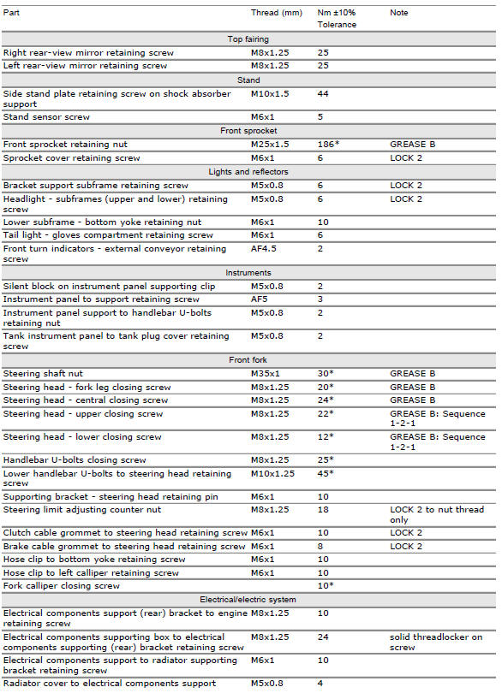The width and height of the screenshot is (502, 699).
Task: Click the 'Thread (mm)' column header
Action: click(x=273, y=13)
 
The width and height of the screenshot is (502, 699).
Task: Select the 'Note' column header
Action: click(x=398, y=13)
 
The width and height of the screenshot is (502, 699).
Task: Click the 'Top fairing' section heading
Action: click(x=248, y=39)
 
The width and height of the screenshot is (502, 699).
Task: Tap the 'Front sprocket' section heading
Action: click(x=248, y=131)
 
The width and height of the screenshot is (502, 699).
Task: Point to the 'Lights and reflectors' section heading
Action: click(x=248, y=172)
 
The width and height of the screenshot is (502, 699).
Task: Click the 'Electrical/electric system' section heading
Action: click(x=248, y=600)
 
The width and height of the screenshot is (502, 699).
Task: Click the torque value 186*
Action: click(x=328, y=145)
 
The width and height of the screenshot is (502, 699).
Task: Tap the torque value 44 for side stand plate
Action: click(x=323, y=93)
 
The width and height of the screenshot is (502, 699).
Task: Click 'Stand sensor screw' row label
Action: click(x=46, y=117)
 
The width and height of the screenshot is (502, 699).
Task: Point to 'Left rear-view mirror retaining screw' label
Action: click(x=85, y=65)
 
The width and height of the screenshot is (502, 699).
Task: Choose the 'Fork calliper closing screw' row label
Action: click(x=62, y=586)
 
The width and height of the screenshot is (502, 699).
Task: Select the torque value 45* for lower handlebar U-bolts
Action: click(x=326, y=473)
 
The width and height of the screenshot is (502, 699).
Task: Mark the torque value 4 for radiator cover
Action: click(x=320, y=683)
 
